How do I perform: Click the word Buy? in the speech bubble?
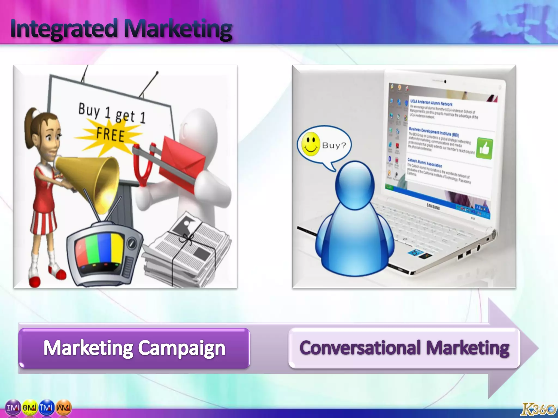334,145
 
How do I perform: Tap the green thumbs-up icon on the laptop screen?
484,149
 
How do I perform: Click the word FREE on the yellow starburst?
110,135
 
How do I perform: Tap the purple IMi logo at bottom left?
13,408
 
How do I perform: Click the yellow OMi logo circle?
30,408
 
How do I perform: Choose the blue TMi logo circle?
47,408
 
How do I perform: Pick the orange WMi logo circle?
63,408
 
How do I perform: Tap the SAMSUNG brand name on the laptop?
433,207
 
